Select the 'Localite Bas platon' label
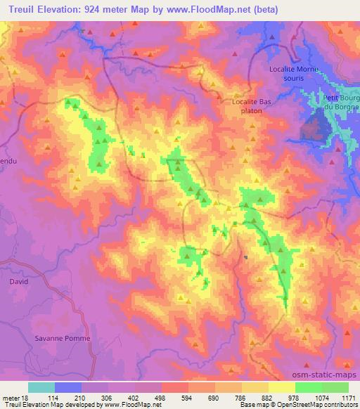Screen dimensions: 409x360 251,105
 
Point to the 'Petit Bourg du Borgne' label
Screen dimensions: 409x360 340,101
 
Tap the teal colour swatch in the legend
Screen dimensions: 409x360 41,387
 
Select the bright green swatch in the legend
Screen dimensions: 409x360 309,387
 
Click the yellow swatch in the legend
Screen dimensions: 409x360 282,387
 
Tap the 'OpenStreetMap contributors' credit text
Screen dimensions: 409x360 321,405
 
